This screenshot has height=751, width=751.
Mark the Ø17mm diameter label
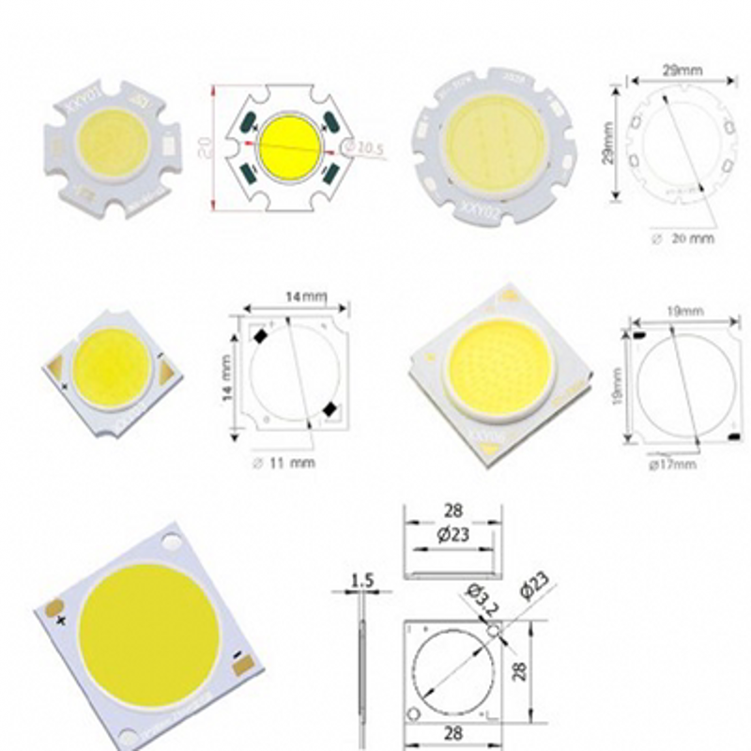pyautogui.click(x=672, y=463)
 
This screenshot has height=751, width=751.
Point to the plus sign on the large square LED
pyautogui.click(x=62, y=621)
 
